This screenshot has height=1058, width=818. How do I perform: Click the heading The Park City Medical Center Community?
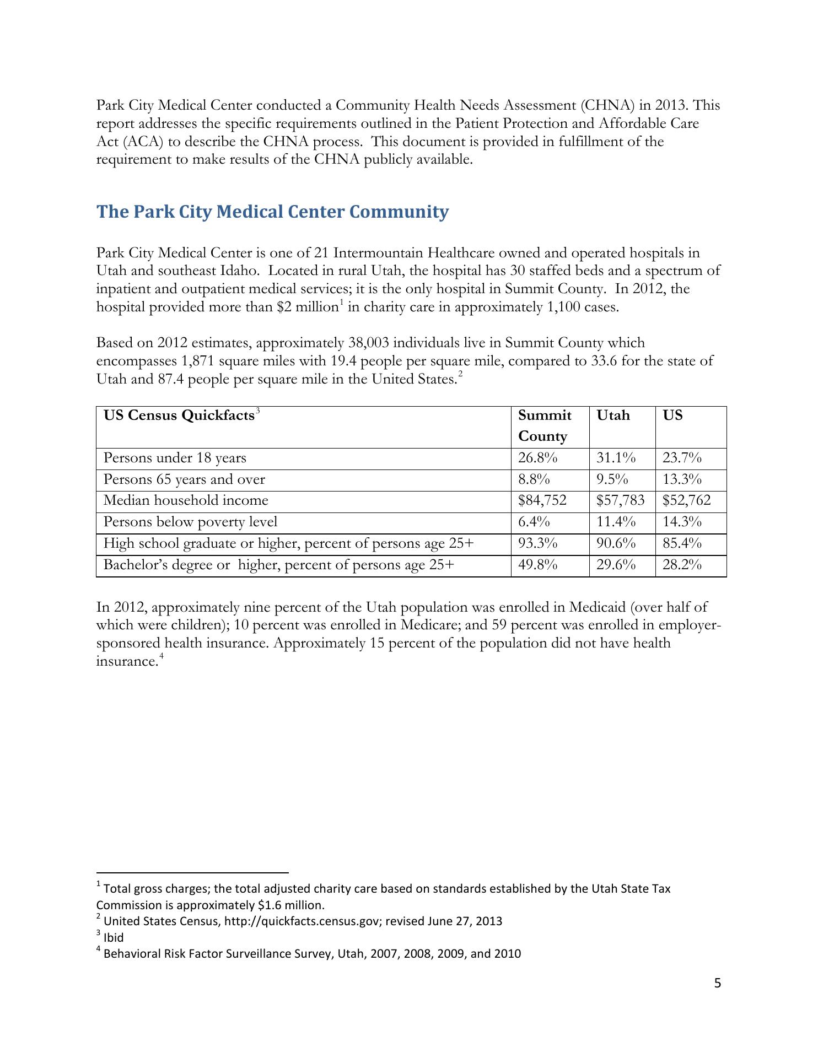tap(272, 212)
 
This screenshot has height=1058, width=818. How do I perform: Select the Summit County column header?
tap(545, 425)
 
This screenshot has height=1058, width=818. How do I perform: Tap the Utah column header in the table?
tap(613, 415)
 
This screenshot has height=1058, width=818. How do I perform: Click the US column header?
tap(672, 415)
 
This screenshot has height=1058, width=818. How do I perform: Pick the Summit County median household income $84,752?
tap(542, 500)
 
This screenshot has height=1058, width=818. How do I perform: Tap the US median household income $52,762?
tap(686, 500)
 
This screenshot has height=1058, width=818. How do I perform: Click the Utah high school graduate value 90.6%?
tap(616, 543)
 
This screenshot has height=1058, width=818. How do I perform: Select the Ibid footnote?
tap(114, 937)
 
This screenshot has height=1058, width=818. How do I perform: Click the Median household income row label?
tap(186, 500)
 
